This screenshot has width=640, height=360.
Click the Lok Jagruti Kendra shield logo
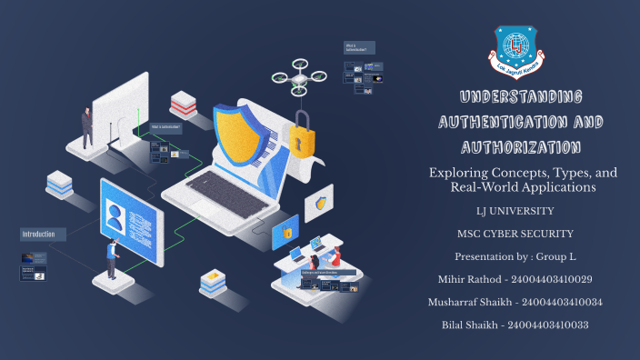point(515,51)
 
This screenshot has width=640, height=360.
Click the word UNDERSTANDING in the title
point(515,97)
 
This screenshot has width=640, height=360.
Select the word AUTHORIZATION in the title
point(515,145)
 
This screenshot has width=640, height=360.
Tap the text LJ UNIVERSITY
point(515,211)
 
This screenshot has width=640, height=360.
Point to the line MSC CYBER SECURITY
point(515,234)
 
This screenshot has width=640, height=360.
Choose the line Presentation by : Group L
point(515,256)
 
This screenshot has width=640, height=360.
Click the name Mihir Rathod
point(473,279)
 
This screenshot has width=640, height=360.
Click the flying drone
point(299,76)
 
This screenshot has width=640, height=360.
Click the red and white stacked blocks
point(183,104)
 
